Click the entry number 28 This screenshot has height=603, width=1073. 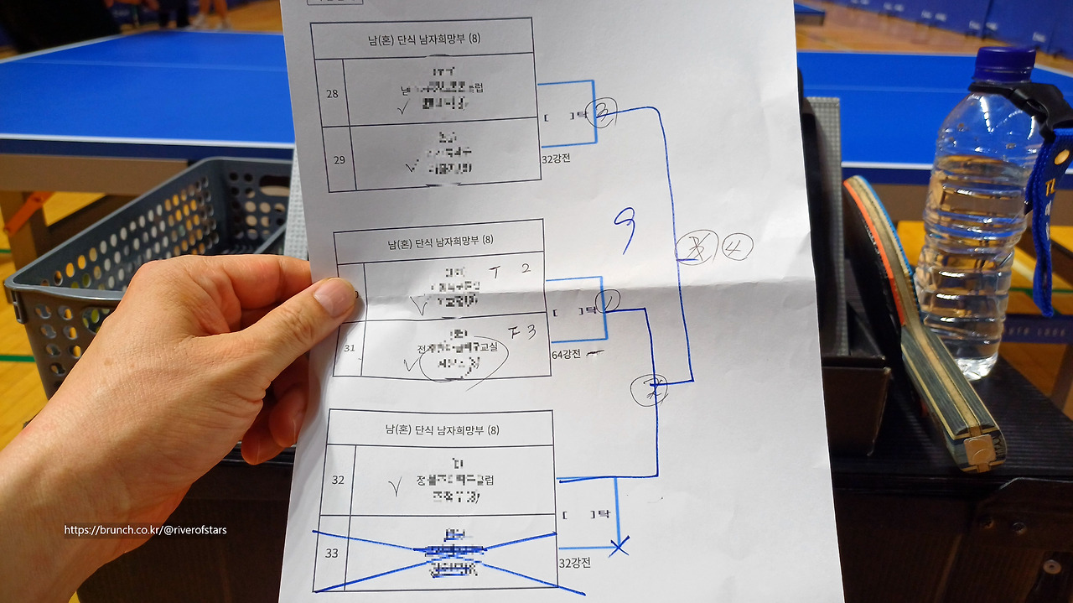point(333,93)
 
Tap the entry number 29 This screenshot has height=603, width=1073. point(339,159)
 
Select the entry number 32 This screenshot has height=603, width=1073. point(338,481)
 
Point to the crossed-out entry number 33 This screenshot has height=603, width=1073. point(332,554)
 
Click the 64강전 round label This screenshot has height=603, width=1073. point(567,355)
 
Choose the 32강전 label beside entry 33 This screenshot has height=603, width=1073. point(574,563)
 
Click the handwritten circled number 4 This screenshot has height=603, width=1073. point(737,247)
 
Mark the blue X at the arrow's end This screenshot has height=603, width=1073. point(619,548)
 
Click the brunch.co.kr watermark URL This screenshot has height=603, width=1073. point(145,530)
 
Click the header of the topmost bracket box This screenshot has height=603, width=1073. point(422,38)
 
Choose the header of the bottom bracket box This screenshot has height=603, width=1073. point(436,430)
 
